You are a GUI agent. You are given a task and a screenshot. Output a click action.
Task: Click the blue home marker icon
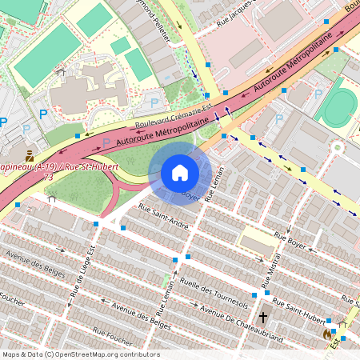(180, 173)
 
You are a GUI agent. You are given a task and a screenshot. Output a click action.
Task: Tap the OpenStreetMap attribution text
(81, 354)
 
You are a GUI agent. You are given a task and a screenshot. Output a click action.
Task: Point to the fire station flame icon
(326, 332)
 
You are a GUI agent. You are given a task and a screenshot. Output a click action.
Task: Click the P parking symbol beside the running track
(318, 94)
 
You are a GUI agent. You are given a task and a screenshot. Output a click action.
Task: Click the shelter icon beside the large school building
(60, 71)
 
